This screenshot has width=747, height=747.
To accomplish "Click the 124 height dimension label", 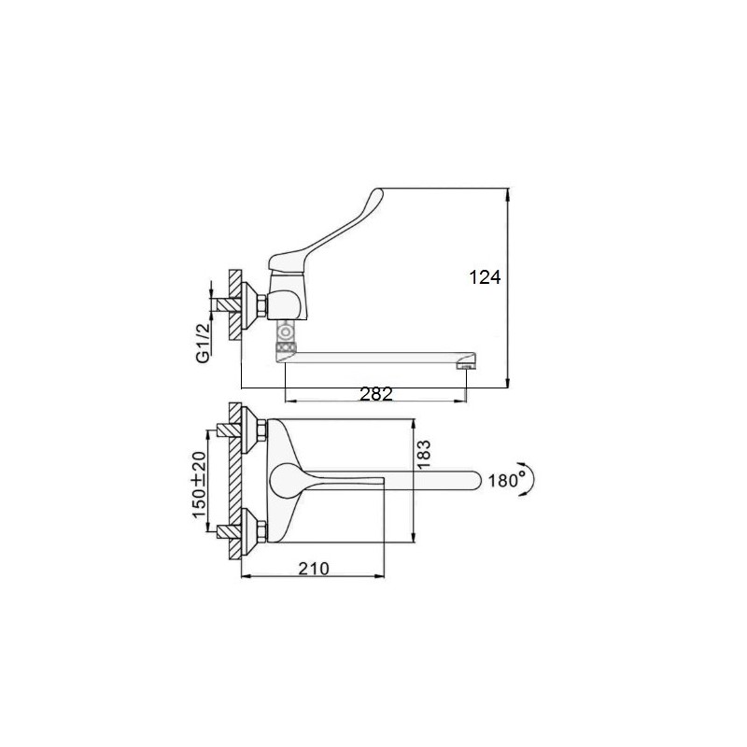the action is coord(485,276).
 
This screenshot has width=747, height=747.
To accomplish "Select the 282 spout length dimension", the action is coord(376,394).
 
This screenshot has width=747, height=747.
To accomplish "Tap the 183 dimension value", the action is coord(423,455).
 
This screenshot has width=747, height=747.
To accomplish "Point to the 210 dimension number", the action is coord(314,569).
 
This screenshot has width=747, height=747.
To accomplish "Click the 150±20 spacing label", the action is coord(199,485).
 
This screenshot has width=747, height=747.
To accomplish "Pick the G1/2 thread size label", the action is coord(204,343).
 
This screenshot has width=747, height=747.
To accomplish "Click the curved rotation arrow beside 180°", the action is coord(531,480).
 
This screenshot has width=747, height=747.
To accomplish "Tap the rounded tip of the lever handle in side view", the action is coord(377,192).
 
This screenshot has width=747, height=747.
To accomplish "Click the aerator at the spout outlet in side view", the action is coord(466,366).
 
